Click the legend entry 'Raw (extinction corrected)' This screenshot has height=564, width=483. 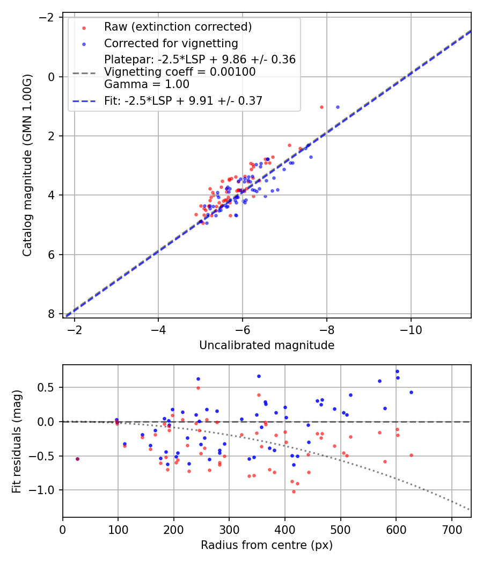pyautogui.click(x=178, y=27)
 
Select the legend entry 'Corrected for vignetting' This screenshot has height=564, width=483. pyautogui.click(x=171, y=44)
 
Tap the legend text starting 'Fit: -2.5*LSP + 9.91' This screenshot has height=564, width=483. pyautogui.click(x=183, y=101)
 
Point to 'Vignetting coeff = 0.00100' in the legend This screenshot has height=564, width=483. pyautogui.click(x=180, y=72)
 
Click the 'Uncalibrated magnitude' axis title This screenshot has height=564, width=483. pyautogui.click(x=267, y=345)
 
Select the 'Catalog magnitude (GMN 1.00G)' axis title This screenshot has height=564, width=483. pyautogui.click(x=28, y=165)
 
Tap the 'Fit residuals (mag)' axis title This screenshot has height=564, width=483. pyautogui.click(x=17, y=441)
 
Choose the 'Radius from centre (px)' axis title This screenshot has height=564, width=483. pyautogui.click(x=267, y=545)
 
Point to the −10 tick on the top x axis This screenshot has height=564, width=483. pyautogui.click(x=411, y=328)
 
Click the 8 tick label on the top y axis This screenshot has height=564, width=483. pyautogui.click(x=52, y=314)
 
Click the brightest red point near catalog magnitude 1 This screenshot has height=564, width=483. pyautogui.click(x=321, y=107)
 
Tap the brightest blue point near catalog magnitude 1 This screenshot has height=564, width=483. pyautogui.click(x=338, y=107)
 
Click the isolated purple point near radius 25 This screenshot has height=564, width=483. pyautogui.click(x=77, y=459)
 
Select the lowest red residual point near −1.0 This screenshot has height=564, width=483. pyautogui.click(x=294, y=491)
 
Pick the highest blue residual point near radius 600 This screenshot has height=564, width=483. pyautogui.click(x=397, y=371)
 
